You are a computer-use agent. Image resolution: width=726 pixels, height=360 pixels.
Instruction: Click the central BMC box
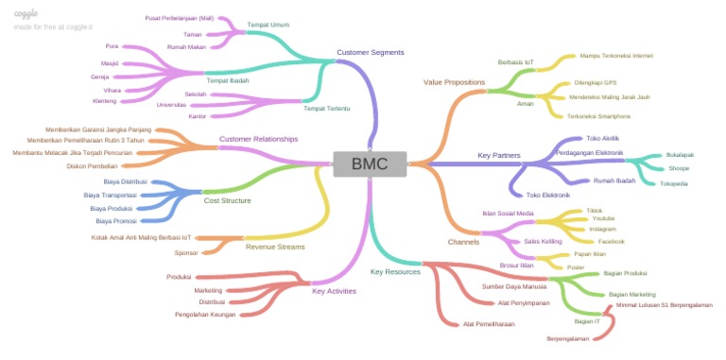point(370,163)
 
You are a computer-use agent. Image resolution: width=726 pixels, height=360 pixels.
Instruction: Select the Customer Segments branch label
point(370,52)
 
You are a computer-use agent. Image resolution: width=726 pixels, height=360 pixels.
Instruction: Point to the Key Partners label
point(499,154)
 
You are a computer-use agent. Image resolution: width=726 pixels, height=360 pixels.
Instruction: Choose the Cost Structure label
point(228,200)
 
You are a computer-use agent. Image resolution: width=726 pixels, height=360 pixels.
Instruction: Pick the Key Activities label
point(334,291)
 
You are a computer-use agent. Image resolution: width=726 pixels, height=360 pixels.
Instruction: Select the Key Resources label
point(394,272)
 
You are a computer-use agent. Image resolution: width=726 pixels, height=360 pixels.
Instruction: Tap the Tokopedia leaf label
point(673,183)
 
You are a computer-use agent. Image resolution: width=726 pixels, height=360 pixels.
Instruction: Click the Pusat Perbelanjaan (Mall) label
point(180,18)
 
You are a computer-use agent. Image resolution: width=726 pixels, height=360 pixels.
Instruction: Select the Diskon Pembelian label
point(93,165)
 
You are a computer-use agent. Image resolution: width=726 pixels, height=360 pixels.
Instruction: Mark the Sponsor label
point(186,252)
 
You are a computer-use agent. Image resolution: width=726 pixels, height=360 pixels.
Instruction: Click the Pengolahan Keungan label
point(205,314)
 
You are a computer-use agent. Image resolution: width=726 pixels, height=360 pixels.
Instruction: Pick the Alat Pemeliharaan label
point(489,324)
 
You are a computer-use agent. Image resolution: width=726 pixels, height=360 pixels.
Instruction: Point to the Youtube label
point(603,218)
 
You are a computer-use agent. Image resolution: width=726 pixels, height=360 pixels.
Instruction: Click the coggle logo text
point(26,13)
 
